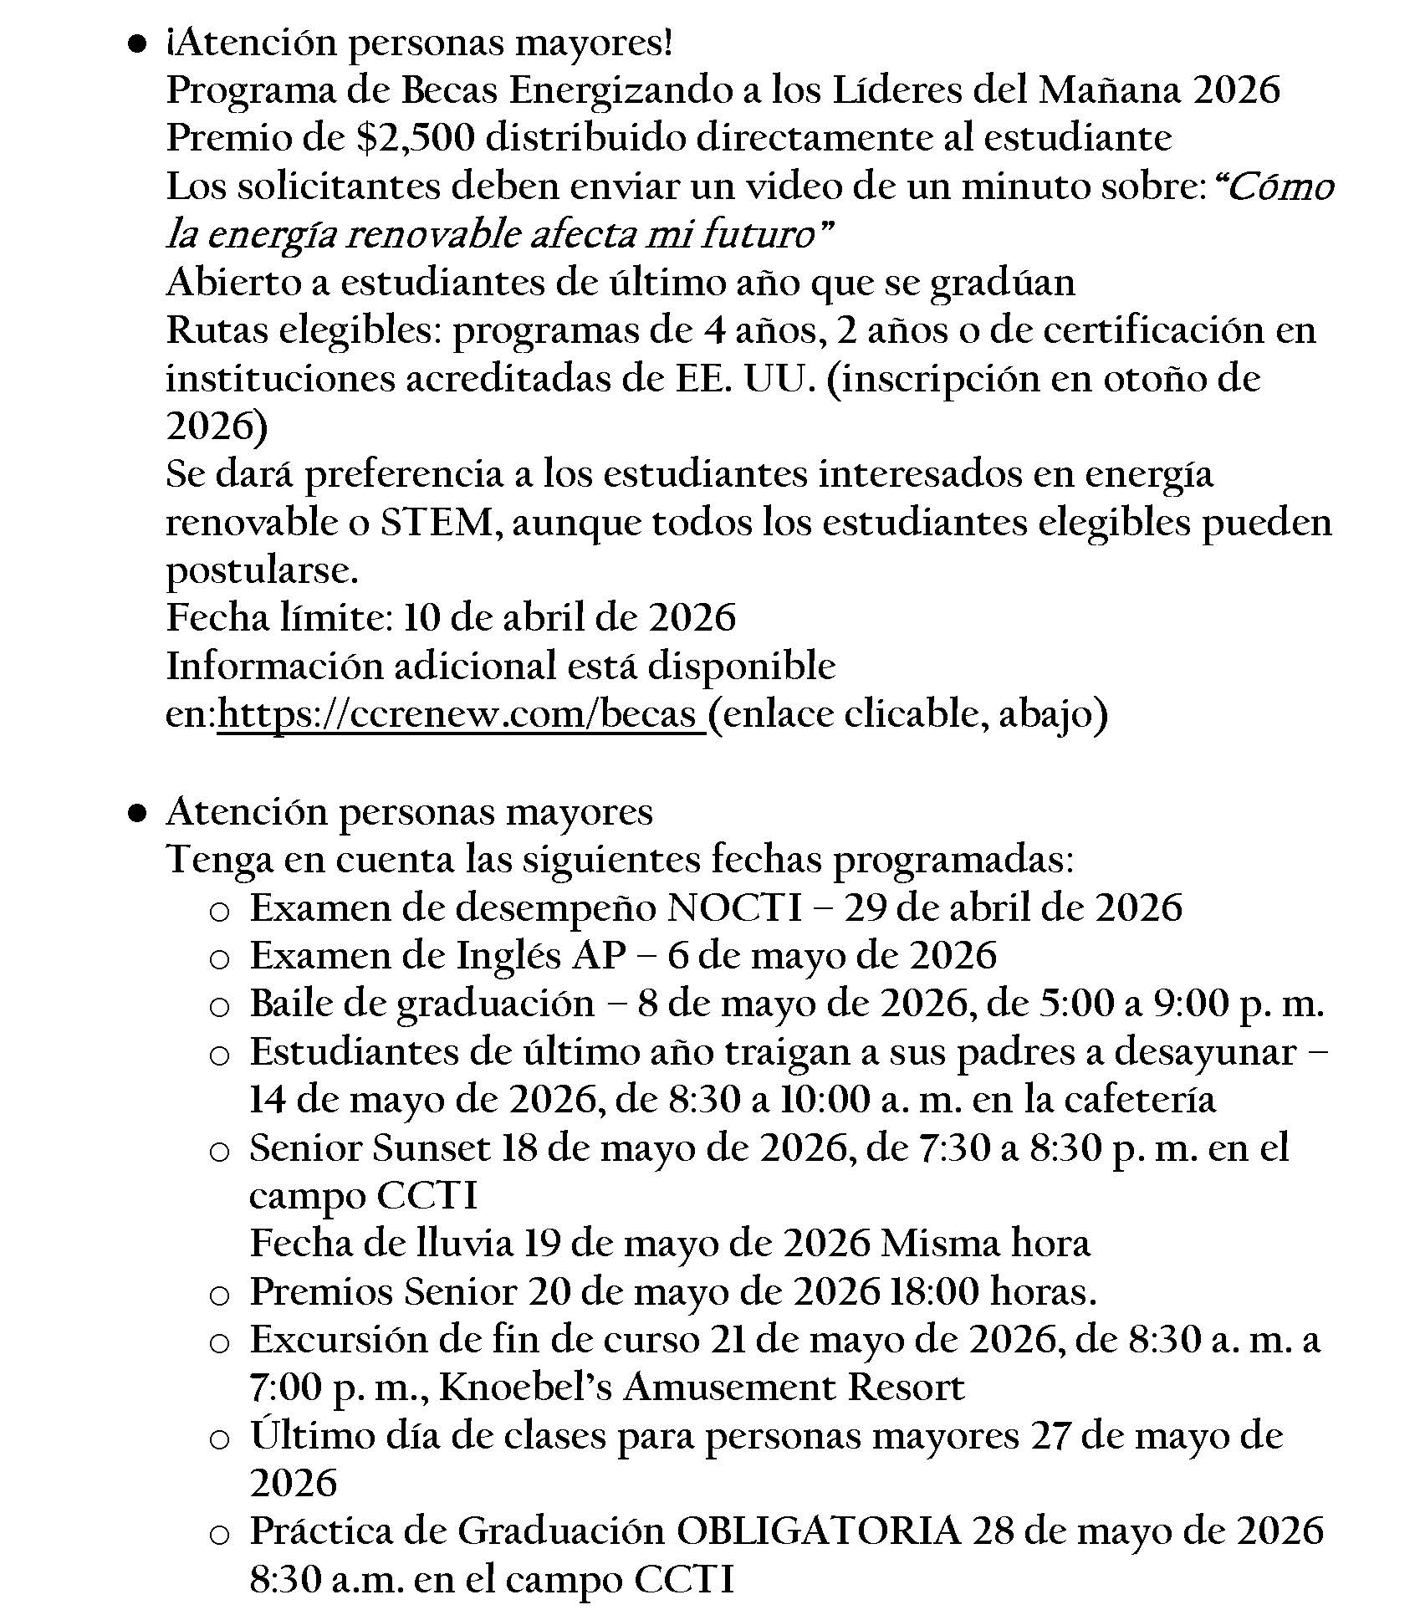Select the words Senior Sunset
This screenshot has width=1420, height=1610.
pyautogui.click(x=370, y=1148)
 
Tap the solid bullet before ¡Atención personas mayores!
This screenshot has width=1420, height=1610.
pyautogui.click(x=138, y=43)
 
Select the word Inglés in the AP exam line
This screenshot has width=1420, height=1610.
pyautogui.click(x=508, y=956)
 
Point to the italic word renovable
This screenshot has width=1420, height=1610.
pyautogui.click(x=420, y=235)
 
